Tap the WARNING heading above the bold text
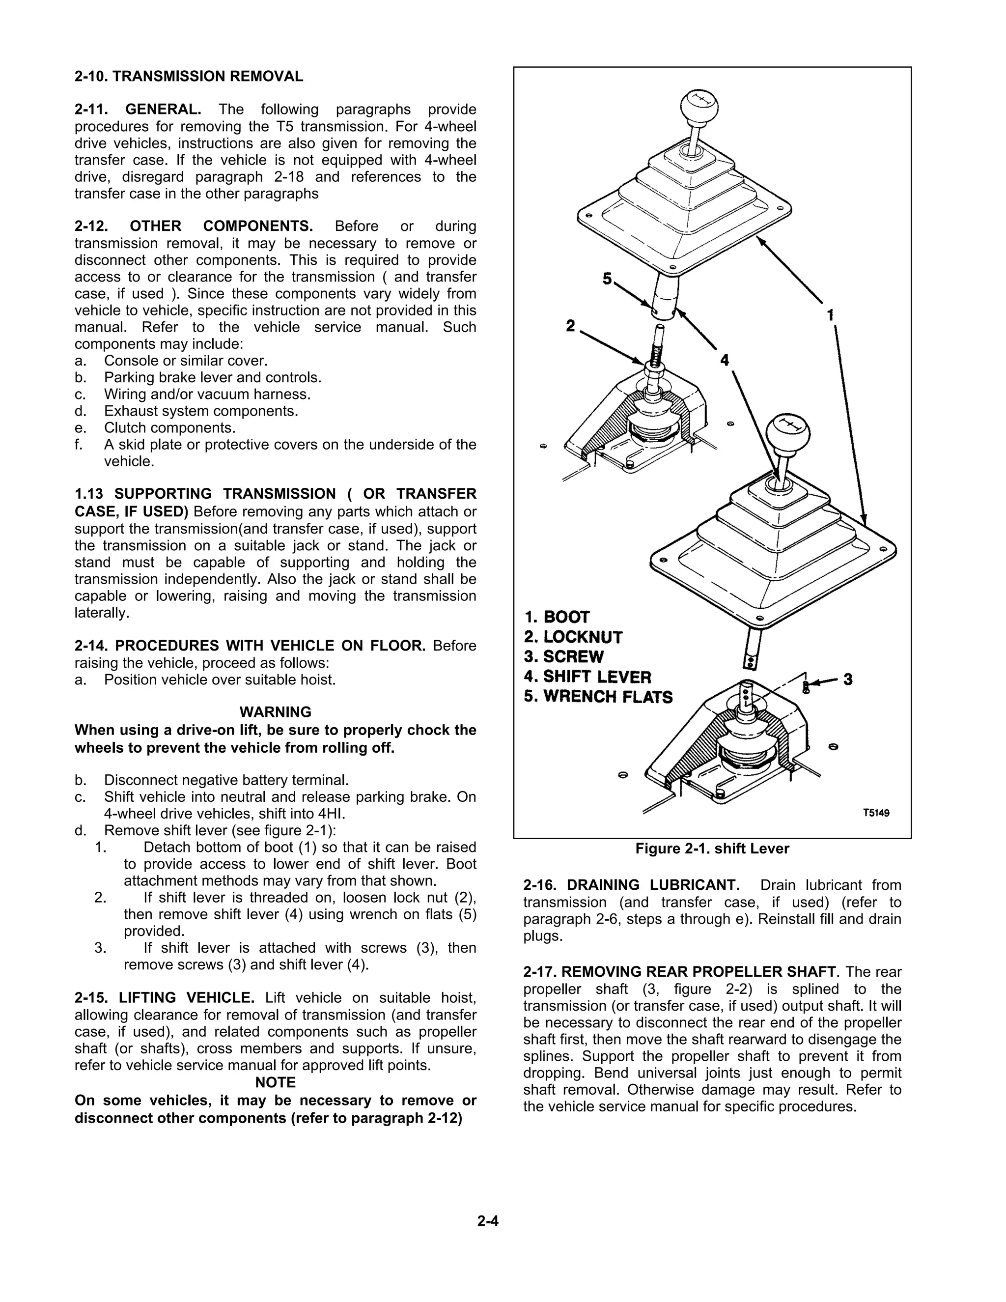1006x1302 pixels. [x=276, y=712]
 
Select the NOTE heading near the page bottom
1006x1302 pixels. [x=276, y=1082]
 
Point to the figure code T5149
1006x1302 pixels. [x=876, y=813]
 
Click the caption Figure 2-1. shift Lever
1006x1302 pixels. [x=712, y=849]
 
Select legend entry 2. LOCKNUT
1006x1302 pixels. [x=573, y=637]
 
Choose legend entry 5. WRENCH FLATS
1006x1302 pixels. [x=598, y=697]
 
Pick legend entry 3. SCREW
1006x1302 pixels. [x=564, y=657]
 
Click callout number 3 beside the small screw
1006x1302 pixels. [x=847, y=679]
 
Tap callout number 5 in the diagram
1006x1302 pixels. [x=607, y=279]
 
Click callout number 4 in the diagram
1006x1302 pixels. [x=724, y=360]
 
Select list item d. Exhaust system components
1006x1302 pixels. [x=200, y=411]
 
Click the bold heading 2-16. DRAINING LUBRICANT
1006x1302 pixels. [x=631, y=885]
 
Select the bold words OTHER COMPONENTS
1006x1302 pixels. [x=221, y=226]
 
